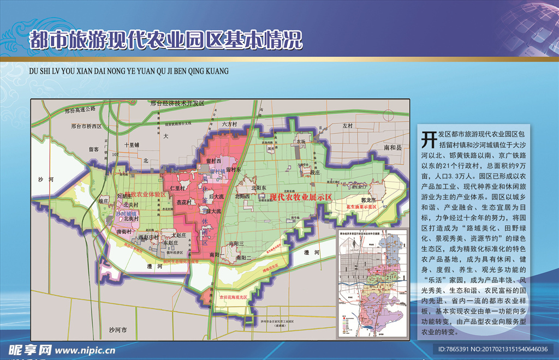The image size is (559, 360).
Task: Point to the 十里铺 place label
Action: click(x=132, y=145)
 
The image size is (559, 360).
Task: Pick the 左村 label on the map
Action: click(x=348, y=125)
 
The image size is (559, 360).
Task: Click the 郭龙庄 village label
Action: click(x=362, y=200)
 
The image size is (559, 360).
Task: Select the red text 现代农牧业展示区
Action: click(x=301, y=197)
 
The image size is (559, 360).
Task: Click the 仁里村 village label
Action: click(x=179, y=188)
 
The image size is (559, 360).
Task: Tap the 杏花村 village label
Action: click(x=184, y=202)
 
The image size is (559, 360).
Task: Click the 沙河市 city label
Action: click(x=117, y=330)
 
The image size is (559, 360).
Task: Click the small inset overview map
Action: click(x=371, y=279)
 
